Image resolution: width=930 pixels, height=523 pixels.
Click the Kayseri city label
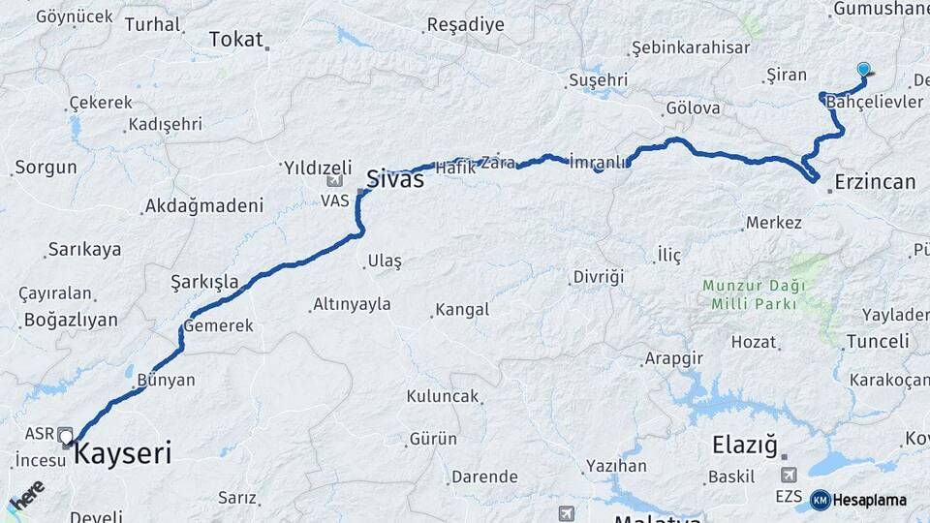[x=122, y=453]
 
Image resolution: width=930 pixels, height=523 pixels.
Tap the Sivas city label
[x=394, y=178]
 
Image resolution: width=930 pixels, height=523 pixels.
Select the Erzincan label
[x=875, y=182]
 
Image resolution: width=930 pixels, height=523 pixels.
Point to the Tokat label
[x=235, y=40]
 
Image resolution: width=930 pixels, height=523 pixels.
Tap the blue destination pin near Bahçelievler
[x=864, y=69]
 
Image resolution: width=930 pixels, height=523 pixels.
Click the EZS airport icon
[x=790, y=475]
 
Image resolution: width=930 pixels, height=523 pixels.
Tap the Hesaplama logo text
[x=869, y=500]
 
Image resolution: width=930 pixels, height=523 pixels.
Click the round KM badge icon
[x=820, y=500]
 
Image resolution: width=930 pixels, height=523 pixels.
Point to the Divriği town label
[x=598, y=277]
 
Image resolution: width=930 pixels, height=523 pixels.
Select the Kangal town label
[x=462, y=311]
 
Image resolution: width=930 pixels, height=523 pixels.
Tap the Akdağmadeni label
[x=203, y=205]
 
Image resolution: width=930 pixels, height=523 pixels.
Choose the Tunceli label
[x=878, y=341]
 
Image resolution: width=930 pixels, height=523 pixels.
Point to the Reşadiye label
[x=465, y=25]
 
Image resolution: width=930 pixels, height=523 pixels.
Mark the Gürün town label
[x=433, y=439]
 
